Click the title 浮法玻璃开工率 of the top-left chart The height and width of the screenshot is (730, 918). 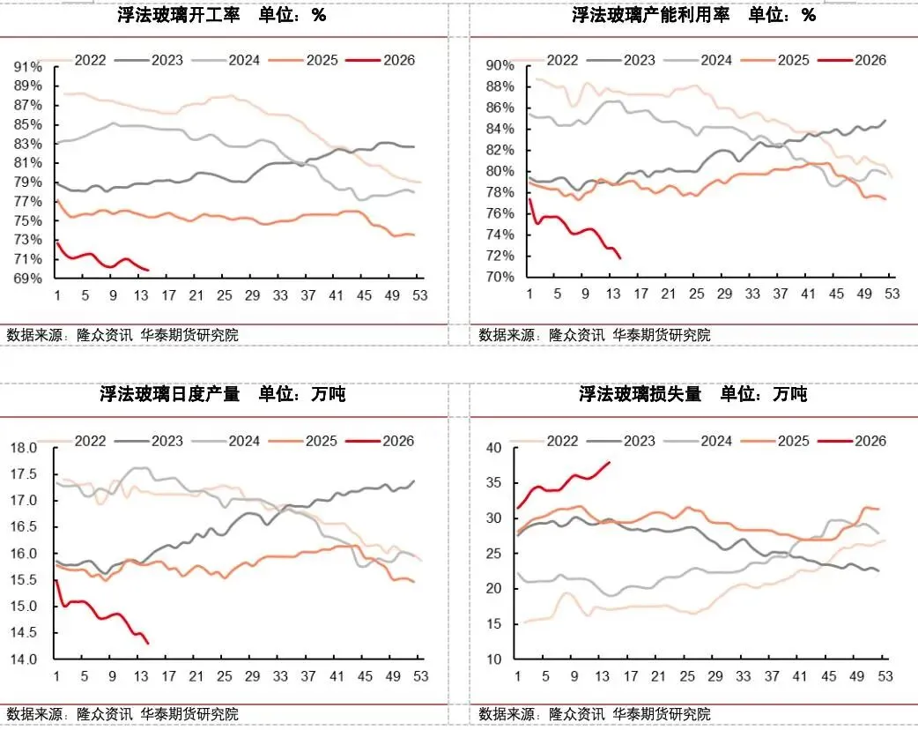[179, 16]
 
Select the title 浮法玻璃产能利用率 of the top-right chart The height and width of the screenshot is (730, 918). [650, 16]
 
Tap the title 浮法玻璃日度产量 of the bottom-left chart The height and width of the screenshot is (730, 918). [170, 394]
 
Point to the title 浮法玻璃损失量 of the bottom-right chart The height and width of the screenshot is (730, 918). [640, 394]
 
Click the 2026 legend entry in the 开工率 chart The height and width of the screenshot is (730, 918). [397, 60]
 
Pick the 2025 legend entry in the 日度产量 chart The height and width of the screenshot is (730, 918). [322, 441]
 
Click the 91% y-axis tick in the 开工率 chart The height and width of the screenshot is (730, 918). [27, 67]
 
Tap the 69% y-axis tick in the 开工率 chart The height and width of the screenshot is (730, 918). [27, 279]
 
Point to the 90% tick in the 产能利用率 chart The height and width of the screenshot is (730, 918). [499, 66]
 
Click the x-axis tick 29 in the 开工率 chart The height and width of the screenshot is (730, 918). [252, 295]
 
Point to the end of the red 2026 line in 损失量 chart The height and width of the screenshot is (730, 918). [610, 462]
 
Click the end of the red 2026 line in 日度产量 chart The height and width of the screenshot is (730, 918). [148, 644]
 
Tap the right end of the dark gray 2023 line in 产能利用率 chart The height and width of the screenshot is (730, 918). [885, 121]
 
